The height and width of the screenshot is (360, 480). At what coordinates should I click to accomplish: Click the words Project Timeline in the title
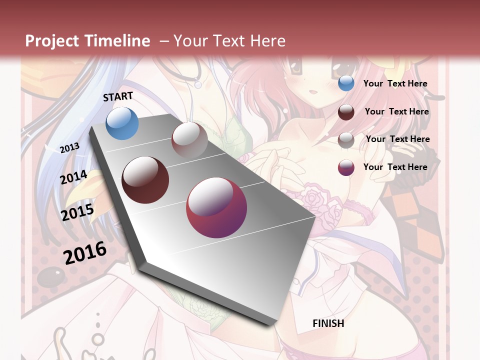(87, 41)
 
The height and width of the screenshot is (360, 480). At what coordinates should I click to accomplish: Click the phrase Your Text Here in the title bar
(229, 41)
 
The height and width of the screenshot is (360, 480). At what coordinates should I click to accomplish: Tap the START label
(118, 96)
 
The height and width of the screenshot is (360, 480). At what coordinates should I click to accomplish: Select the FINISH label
(328, 323)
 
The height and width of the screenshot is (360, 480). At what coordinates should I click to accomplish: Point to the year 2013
(69, 148)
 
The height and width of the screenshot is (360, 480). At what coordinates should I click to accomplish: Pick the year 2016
(85, 253)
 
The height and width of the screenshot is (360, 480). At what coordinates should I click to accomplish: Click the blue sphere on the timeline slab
(122, 123)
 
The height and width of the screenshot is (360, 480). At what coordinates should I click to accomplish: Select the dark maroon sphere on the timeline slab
(145, 180)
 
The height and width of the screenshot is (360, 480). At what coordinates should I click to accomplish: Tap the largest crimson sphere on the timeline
(216, 207)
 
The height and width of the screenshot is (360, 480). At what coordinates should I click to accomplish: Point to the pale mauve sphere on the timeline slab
(189, 139)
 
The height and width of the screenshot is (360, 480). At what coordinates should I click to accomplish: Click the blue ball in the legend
(346, 83)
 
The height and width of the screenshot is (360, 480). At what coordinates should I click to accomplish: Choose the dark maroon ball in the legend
(346, 112)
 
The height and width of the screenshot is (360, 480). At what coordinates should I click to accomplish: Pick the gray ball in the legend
(346, 140)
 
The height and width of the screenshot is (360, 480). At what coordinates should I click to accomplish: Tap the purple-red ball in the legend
(346, 167)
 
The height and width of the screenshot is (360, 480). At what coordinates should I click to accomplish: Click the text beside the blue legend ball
(395, 83)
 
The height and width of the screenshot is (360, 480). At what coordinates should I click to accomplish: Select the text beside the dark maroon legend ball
(396, 111)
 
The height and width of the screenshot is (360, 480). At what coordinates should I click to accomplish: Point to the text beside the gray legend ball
(397, 139)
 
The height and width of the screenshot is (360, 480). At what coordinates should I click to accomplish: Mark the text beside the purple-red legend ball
(395, 167)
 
